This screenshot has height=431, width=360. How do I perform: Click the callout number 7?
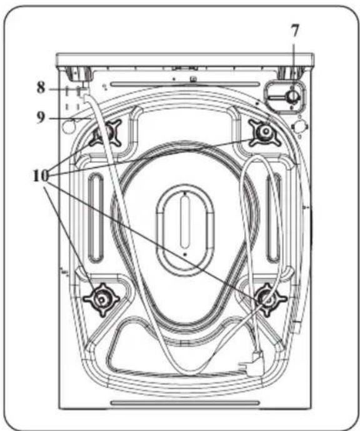coord(294,31)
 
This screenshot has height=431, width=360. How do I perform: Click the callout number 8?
coord(41,87)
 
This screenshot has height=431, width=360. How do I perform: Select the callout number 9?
coord(41,117)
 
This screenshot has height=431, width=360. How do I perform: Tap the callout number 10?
coord(41,176)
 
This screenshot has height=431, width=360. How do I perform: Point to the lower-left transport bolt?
coord(101,300)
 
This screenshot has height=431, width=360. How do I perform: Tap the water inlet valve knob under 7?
coord(292,97)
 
